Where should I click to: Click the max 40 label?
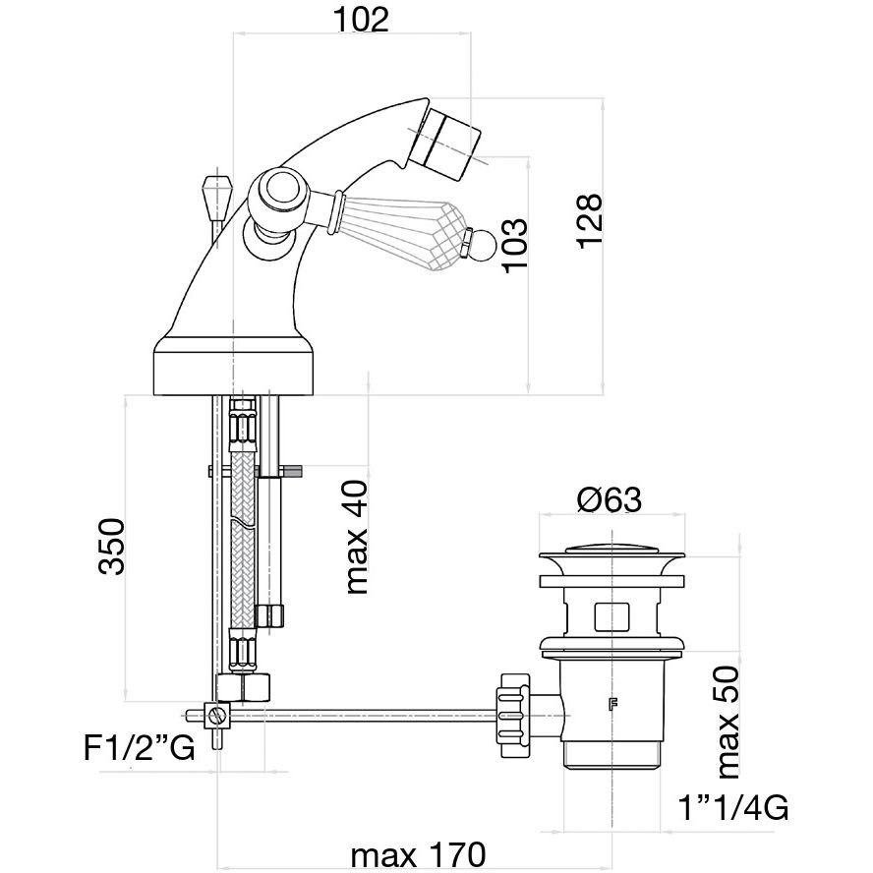(355, 538)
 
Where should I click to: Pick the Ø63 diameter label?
(609, 500)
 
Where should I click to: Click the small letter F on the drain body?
(613, 704)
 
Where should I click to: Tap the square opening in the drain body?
(611, 615)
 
